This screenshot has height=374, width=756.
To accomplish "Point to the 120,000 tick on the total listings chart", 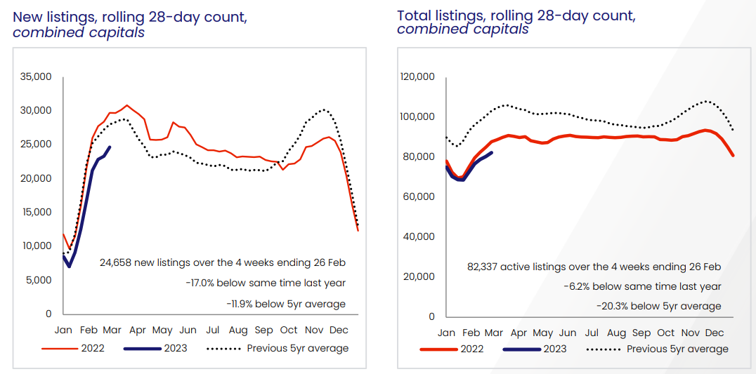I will tap(417, 76).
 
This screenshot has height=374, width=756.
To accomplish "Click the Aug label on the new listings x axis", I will tap(238, 330).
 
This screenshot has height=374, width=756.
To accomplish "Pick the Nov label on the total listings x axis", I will tap(691, 333).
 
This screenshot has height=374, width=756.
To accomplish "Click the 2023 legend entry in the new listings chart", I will tap(174, 348).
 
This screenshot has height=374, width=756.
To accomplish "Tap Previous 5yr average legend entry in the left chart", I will tap(298, 348).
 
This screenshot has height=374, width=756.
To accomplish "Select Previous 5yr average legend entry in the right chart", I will tap(677, 349).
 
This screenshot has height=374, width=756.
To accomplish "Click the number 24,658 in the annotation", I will tap(117, 262).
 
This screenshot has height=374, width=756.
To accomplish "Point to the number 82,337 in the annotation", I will tap(487, 267).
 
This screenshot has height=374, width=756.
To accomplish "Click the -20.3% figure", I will tap(612, 306).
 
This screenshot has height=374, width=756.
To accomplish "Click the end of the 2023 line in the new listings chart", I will tap(110, 147).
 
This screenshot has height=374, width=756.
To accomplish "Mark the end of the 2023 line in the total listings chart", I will tap(492, 152).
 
